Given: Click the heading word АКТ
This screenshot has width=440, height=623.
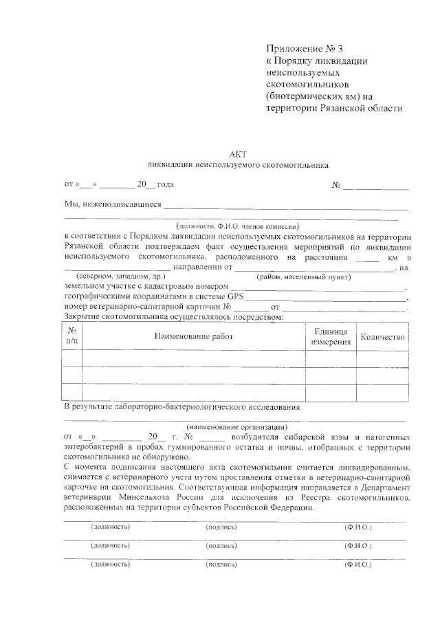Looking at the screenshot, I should [x=237, y=154].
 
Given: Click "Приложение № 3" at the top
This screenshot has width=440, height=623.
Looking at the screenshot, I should [x=302, y=49].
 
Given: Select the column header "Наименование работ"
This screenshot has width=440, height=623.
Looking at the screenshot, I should [x=193, y=336].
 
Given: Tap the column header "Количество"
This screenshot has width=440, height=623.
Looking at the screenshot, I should [x=384, y=337].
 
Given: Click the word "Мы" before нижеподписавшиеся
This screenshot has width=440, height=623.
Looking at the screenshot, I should [x=71, y=204].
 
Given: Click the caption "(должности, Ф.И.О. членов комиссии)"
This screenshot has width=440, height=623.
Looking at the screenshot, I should [x=237, y=225].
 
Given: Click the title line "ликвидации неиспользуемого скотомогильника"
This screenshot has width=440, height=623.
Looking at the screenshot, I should [x=238, y=165].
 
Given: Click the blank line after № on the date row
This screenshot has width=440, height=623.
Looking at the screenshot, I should [x=376, y=186].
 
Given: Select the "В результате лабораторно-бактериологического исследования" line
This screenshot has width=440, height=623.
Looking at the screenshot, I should [x=182, y=407].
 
